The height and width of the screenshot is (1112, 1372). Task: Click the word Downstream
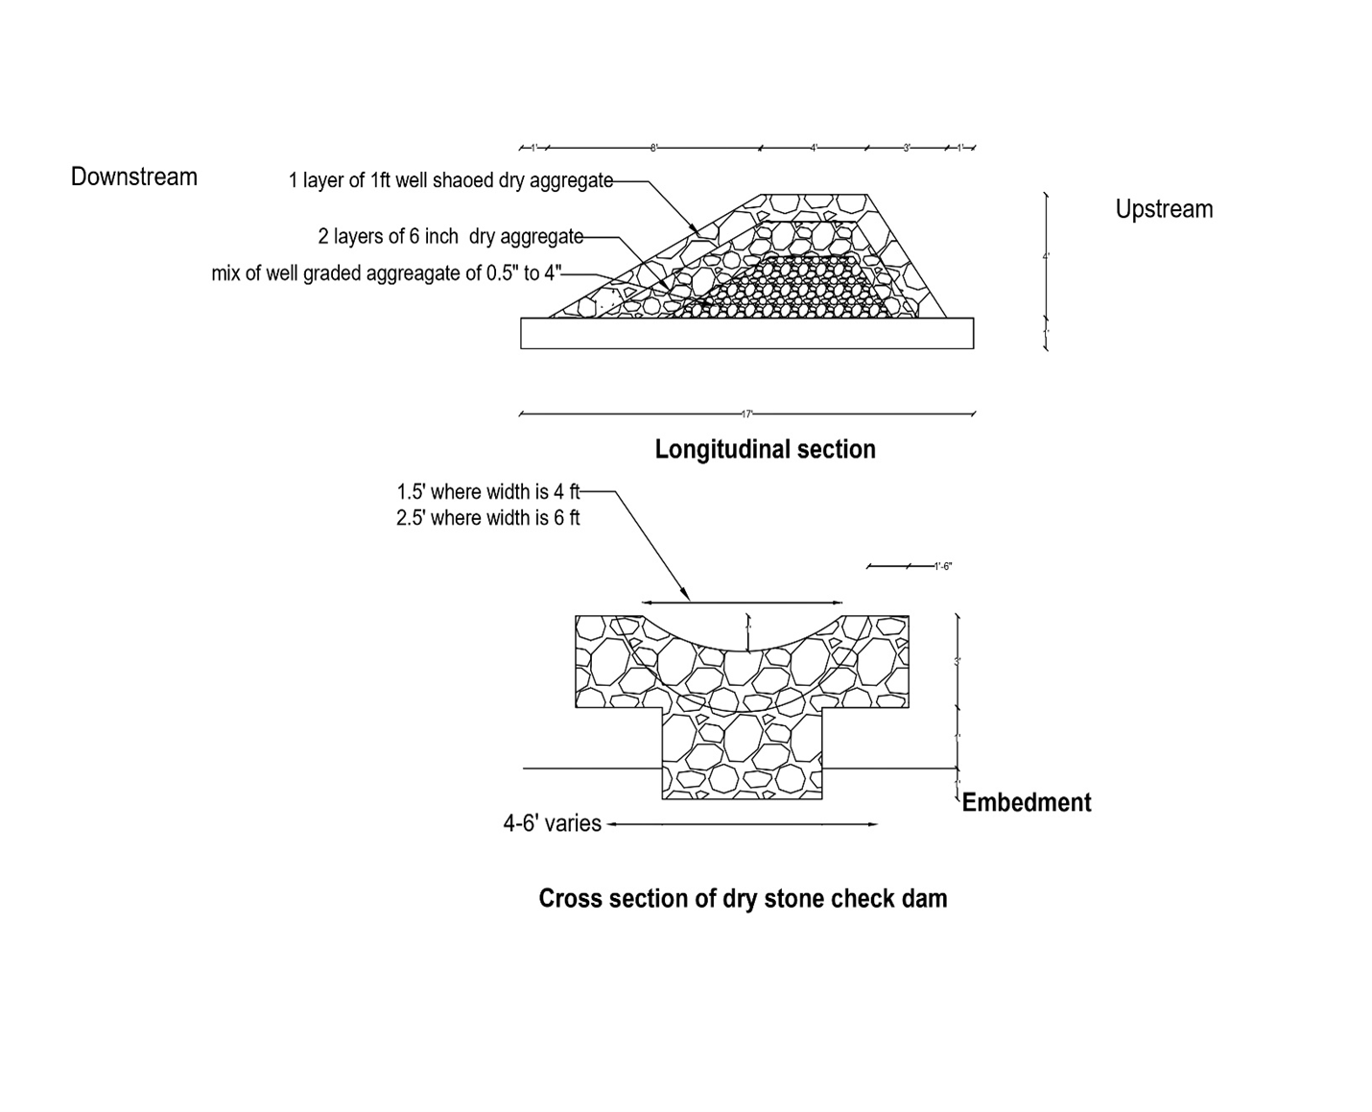click(x=134, y=177)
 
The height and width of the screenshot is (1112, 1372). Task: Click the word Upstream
click(x=1164, y=210)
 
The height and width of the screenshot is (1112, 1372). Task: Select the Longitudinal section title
click(x=765, y=450)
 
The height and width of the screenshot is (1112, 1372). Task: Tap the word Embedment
click(x=1026, y=803)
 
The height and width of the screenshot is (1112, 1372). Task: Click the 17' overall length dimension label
click(x=747, y=414)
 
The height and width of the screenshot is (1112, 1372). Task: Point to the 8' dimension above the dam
click(x=653, y=149)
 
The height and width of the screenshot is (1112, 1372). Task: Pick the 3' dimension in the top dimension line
click(x=907, y=149)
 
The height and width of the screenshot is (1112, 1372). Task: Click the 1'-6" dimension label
click(x=942, y=567)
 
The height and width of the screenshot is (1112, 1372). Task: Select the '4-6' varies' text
click(x=553, y=824)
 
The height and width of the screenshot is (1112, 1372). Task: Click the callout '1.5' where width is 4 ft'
click(x=488, y=492)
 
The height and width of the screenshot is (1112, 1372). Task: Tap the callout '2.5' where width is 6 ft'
click(x=488, y=519)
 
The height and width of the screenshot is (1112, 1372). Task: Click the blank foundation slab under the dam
click(x=746, y=334)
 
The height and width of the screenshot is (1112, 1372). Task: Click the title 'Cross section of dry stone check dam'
click(x=743, y=899)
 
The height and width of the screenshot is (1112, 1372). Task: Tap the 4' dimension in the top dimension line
click(x=814, y=149)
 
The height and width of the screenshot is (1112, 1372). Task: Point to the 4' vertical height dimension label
click(x=1046, y=256)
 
